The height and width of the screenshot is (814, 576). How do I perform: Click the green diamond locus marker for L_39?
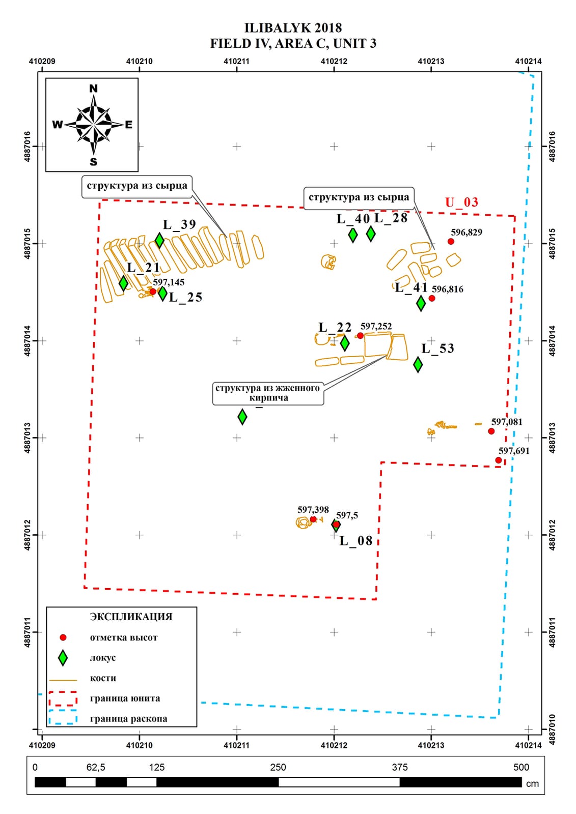point(159,240)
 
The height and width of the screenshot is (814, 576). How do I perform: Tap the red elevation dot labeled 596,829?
point(451,241)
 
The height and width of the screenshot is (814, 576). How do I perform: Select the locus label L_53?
point(438,348)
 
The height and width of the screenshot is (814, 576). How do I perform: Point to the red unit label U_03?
point(462,202)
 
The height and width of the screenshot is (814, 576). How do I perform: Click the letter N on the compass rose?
point(94,89)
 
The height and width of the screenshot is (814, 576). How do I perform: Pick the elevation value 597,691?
point(514,451)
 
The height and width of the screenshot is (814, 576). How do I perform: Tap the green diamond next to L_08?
point(336,525)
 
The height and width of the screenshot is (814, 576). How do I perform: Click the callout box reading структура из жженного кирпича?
point(268,393)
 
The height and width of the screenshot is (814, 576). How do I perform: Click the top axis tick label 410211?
point(236,61)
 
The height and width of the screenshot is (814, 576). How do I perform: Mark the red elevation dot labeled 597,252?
point(360,335)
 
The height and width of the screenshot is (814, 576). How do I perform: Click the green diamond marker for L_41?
point(421,303)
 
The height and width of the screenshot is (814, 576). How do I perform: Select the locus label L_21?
point(143,268)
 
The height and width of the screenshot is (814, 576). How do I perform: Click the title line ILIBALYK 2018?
point(293,28)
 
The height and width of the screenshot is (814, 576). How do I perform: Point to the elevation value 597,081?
point(507,422)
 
